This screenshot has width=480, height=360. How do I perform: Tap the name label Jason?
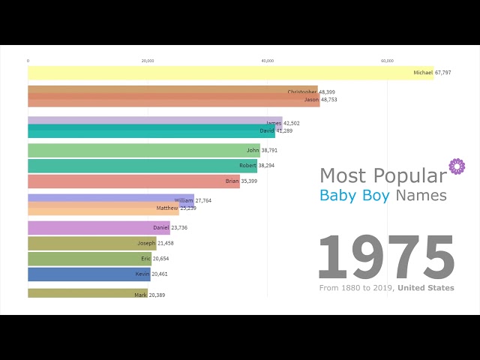pos(310,100)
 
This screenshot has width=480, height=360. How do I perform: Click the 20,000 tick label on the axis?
pos(148,61)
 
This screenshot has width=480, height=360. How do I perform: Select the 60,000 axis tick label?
pos(387,61)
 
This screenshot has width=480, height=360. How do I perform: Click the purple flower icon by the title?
pos(456,166)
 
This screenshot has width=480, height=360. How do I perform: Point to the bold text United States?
pos(425,288)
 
